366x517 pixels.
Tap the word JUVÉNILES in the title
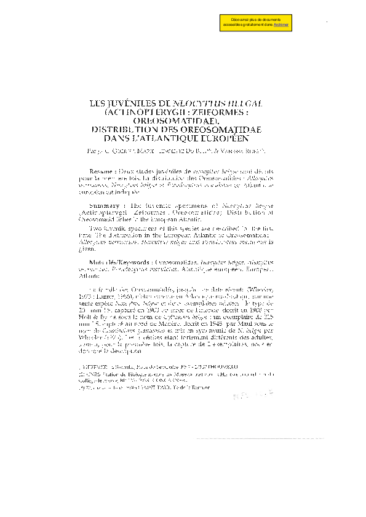click(x=129, y=105)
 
